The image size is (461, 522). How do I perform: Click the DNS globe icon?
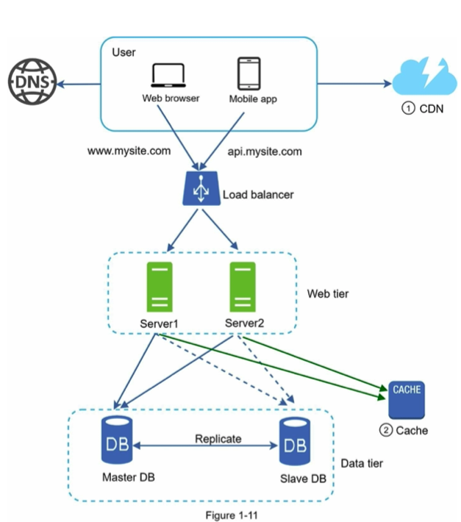[32, 82]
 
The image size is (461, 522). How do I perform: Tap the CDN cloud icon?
[425, 76]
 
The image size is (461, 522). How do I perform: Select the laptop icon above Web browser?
[168, 75]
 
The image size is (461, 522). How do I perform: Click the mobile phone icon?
[249, 74]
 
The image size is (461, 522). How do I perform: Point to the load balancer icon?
[201, 188]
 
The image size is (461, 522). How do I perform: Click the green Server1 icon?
[160, 287]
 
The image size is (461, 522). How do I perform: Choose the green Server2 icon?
[243, 287]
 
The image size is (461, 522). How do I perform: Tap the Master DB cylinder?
[117, 440]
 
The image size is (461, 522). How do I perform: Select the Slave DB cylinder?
[295, 441]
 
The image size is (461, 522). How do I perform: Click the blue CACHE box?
[407, 400]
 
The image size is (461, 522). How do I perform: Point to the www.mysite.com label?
[129, 151]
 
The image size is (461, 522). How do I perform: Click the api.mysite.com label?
[265, 151]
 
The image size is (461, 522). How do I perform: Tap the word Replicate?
[218, 439]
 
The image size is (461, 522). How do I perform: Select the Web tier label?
[328, 293]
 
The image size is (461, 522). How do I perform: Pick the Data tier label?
[362, 463]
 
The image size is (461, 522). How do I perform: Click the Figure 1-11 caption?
[232, 515]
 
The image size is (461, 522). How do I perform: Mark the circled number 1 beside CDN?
[408, 109]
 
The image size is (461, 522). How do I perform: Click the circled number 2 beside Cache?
[386, 430]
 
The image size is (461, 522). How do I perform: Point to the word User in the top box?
[124, 53]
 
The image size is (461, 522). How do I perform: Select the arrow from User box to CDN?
[355, 84]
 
